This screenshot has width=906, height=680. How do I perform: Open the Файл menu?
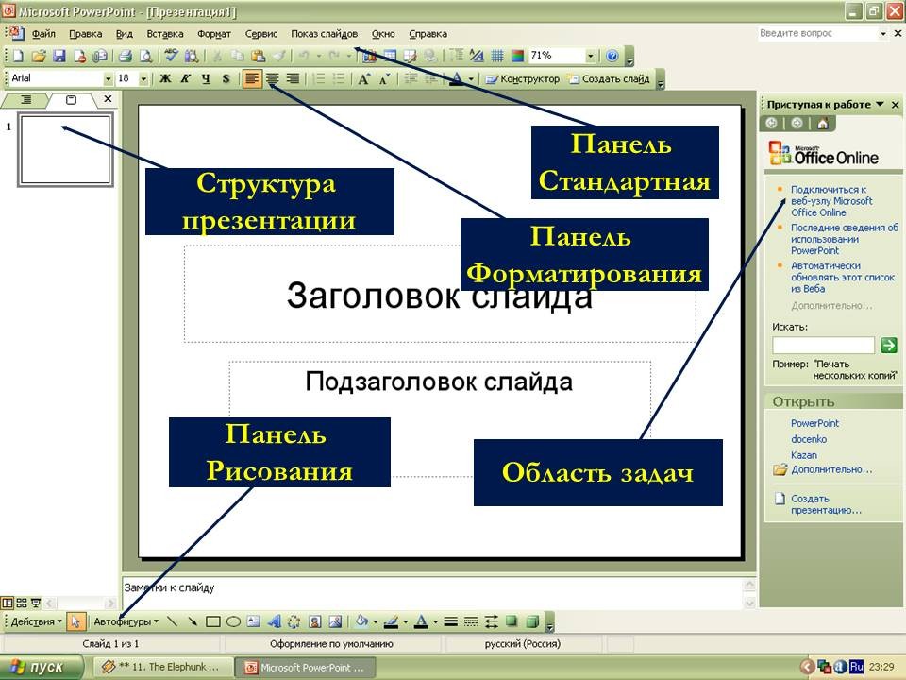pyautogui.click(x=43, y=34)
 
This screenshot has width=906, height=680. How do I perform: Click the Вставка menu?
pyautogui.click(x=164, y=34)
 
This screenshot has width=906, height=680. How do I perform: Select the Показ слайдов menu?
pyautogui.click(x=324, y=34)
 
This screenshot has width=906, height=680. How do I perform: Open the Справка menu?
pyautogui.click(x=428, y=34)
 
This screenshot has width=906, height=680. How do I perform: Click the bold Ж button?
pyautogui.click(x=165, y=78)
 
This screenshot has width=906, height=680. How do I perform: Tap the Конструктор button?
pyautogui.click(x=522, y=79)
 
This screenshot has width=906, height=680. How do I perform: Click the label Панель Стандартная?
pyautogui.click(x=625, y=162)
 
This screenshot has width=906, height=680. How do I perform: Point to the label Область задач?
pyautogui.click(x=598, y=472)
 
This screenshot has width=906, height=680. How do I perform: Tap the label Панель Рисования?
pyautogui.click(x=279, y=452)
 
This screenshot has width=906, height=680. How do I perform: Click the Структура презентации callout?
pyautogui.click(x=270, y=201)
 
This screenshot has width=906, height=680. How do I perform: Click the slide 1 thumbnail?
pyautogui.click(x=65, y=150)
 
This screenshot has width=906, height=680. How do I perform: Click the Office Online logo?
pyautogui.click(x=823, y=153)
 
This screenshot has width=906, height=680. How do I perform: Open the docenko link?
pyautogui.click(x=809, y=439)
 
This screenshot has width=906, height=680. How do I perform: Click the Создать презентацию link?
pyautogui.click(x=826, y=504)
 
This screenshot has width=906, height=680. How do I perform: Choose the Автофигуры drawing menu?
pyautogui.click(x=126, y=621)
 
